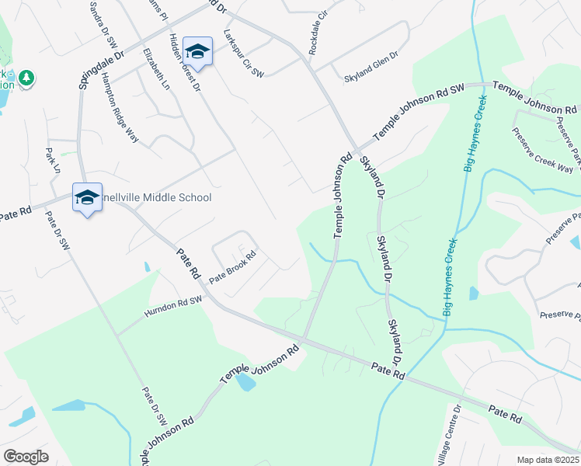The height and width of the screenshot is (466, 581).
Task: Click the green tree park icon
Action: point(26,78)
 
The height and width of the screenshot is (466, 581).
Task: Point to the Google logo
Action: point(26,456)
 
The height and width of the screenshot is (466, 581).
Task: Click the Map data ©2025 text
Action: point(548,460)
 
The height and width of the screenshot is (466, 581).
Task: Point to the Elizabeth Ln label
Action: point(155,70)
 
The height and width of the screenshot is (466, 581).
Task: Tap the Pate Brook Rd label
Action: point(231,266)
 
